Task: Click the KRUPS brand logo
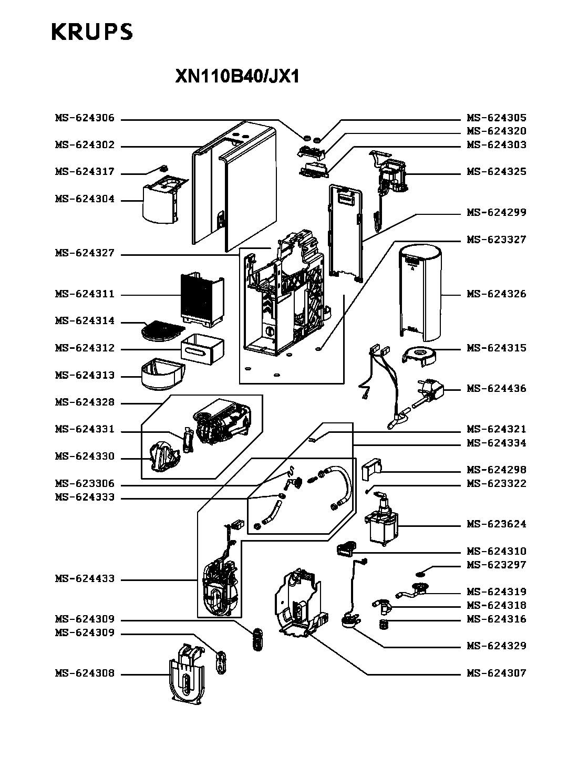tap(92, 32)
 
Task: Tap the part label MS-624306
tap(85, 118)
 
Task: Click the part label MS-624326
tap(496, 294)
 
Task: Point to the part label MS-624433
tap(85, 578)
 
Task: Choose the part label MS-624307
tap(496, 673)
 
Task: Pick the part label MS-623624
tap(496, 524)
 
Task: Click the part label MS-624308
tap(85, 673)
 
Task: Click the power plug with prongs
tap(429, 392)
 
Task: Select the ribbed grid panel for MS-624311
tap(202, 300)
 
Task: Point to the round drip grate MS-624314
tap(162, 330)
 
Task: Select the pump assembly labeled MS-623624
tap(382, 519)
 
